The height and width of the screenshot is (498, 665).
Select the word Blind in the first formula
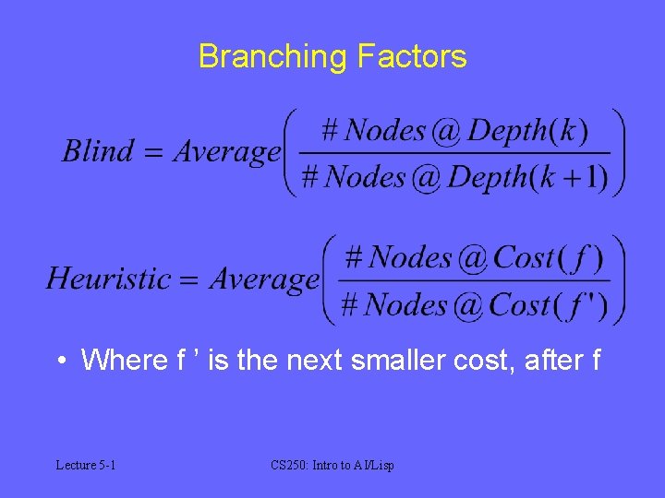pos(97,151)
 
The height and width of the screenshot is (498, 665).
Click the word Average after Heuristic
pos(263,279)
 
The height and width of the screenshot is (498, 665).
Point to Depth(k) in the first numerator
pos(527,131)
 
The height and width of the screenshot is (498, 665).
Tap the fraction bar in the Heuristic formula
pos(475,280)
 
